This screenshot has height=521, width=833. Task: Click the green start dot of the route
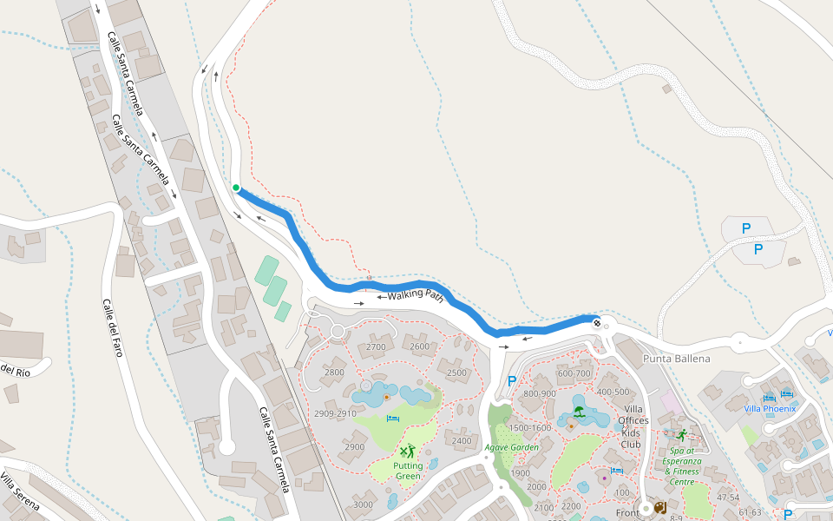(236, 187)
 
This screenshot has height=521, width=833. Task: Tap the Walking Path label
(416, 296)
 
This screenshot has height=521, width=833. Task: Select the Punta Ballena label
(676, 359)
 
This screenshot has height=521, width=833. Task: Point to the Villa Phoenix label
(769, 408)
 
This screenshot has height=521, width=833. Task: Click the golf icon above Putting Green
(407, 451)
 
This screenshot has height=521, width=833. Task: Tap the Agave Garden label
(512, 447)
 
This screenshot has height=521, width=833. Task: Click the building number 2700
(376, 346)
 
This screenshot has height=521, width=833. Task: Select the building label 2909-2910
(336, 413)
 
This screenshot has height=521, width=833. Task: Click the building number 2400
(462, 441)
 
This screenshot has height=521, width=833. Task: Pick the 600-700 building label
(574, 373)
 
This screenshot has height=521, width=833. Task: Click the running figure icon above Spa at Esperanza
(682, 435)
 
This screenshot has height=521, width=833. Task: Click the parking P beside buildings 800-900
(511, 380)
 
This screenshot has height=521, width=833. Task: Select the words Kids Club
(631, 439)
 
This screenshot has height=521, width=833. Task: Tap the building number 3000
(363, 505)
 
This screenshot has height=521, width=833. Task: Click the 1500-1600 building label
(530, 427)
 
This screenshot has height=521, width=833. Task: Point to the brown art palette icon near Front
(659, 507)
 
